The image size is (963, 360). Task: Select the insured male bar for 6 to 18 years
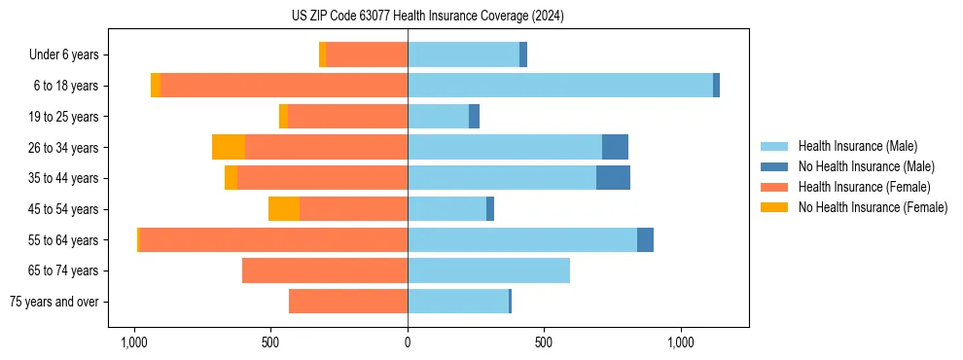[x=559, y=86]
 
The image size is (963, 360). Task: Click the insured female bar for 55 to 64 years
[x=273, y=240]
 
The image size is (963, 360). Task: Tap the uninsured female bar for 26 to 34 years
[x=229, y=147]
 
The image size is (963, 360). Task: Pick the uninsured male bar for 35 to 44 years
[x=613, y=178]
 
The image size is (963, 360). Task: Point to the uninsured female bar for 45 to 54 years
[x=284, y=209]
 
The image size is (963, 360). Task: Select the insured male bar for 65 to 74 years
[x=488, y=270]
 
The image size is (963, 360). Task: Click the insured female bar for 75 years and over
[x=348, y=302]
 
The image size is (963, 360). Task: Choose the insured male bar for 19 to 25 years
[x=438, y=117]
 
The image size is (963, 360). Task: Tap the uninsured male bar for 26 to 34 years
[x=615, y=147]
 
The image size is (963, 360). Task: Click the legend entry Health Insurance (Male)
[x=857, y=146]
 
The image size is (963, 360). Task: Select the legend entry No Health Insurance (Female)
[x=873, y=207]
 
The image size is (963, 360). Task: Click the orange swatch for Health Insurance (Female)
[x=775, y=187]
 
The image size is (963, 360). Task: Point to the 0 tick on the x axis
[x=408, y=342]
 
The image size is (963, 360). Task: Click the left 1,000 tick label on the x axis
[x=133, y=342]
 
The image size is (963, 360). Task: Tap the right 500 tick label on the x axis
[x=544, y=342]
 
